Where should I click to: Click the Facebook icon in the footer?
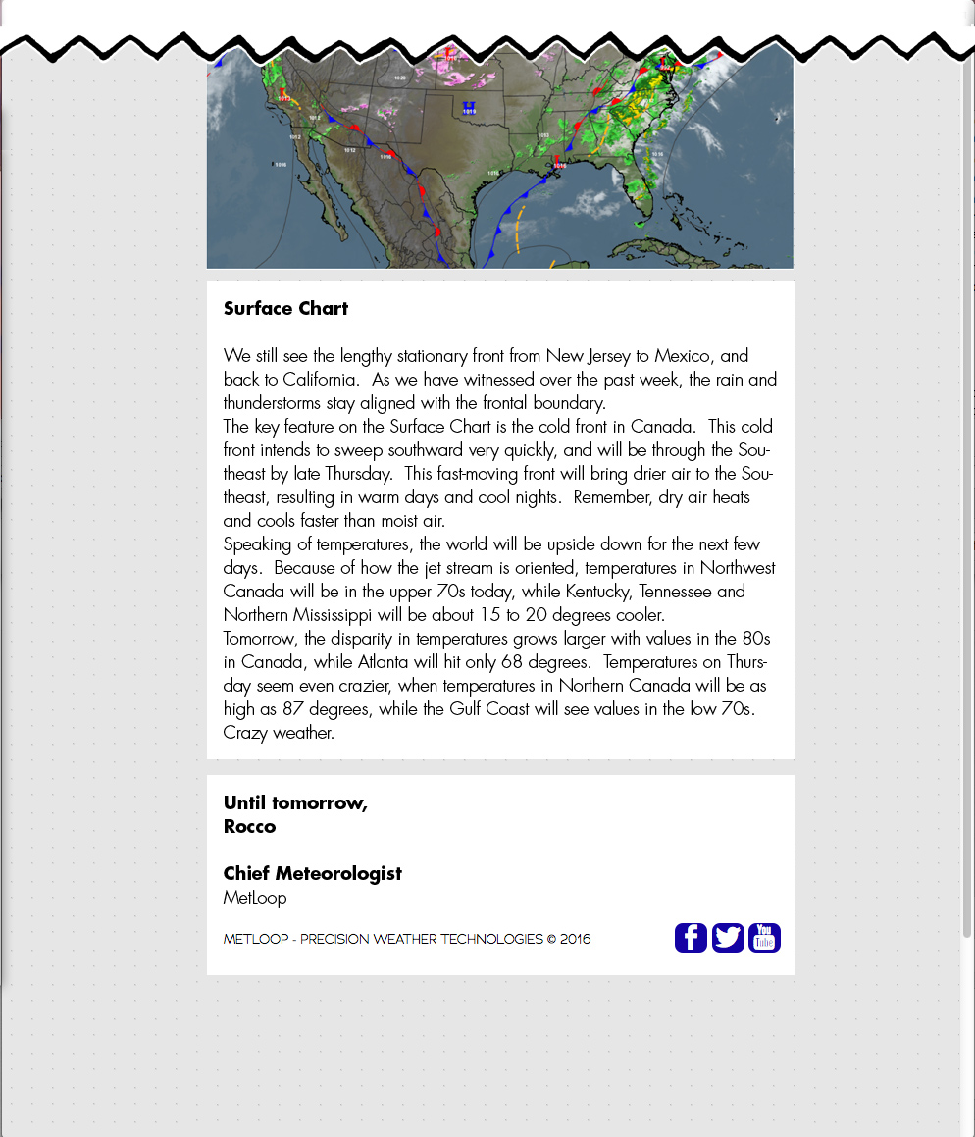click(x=691, y=938)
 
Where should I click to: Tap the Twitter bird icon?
click(x=728, y=938)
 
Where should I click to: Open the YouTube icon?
click(x=764, y=938)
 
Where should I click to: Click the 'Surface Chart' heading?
click(x=285, y=308)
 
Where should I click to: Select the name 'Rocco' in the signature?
click(x=249, y=826)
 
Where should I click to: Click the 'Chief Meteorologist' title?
click(x=312, y=873)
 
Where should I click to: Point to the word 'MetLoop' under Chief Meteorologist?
click(x=255, y=897)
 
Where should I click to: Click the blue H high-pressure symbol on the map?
click(x=469, y=106)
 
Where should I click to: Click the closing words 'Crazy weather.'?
click(x=279, y=732)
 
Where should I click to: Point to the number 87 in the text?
click(x=293, y=708)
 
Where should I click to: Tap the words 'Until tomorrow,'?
click(x=295, y=802)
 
